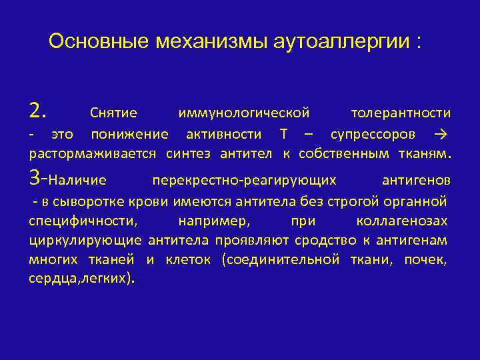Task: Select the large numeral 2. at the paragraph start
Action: tap(38, 111)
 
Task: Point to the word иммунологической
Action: tap(244, 113)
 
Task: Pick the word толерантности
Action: tap(400, 113)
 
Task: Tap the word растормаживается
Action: tap(93, 155)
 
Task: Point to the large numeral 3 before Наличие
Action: tap(36, 178)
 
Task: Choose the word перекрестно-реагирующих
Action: tap(244, 181)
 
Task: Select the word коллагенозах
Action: tap(402, 221)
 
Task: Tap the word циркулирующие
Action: tap(85, 241)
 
